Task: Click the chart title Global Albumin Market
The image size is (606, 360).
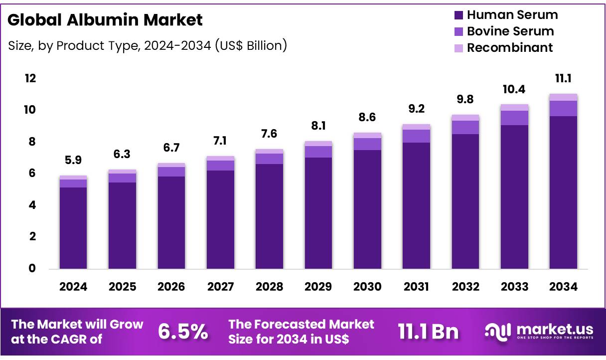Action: pyautogui.click(x=105, y=20)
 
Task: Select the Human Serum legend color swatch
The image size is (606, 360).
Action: pyautogui.click(x=458, y=15)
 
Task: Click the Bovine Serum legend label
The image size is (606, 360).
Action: pyautogui.click(x=510, y=31)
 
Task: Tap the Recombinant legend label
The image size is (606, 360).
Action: pyautogui.click(x=509, y=48)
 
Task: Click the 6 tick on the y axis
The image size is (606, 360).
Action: pyautogui.click(x=32, y=174)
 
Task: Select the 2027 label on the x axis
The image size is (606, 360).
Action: pyautogui.click(x=220, y=287)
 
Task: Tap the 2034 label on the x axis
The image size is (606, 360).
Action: pyautogui.click(x=563, y=287)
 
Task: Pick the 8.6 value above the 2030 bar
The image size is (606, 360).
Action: pyautogui.click(x=367, y=118)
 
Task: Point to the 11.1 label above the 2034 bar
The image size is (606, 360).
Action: pyautogui.click(x=563, y=78)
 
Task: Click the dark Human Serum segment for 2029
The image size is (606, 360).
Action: pyautogui.click(x=318, y=214)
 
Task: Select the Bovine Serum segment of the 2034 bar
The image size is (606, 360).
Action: pyautogui.click(x=563, y=108)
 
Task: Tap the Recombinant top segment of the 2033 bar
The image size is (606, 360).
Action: pyautogui.click(x=514, y=107)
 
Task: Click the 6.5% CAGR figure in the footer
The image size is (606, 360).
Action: pyautogui.click(x=183, y=332)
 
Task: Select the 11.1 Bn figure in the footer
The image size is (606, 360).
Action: pyautogui.click(x=428, y=332)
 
